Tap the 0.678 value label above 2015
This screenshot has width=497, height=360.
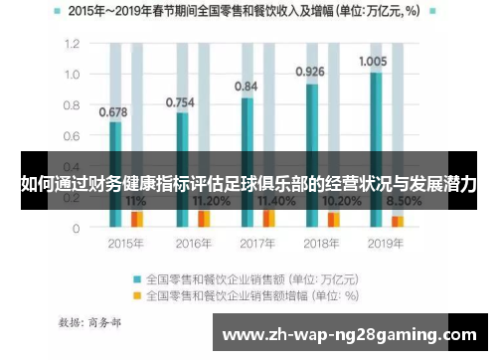[113, 111]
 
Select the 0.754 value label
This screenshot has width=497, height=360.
[180, 102]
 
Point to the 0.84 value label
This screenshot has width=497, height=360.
[247, 87]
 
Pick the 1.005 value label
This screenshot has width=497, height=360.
[373, 61]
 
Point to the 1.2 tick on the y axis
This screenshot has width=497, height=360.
[72, 45]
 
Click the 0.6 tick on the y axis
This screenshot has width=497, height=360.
[72, 136]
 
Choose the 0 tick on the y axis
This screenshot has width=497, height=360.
[76, 228]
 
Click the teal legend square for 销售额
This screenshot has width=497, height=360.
[138, 279]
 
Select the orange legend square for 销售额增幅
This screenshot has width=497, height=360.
[138, 294]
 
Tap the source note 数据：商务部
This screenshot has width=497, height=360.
[90, 322]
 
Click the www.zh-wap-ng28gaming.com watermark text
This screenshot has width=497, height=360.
[345, 333]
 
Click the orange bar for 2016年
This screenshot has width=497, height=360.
[204, 219]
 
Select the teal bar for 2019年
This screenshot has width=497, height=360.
[375, 149]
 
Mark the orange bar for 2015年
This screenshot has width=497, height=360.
[137, 219]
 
